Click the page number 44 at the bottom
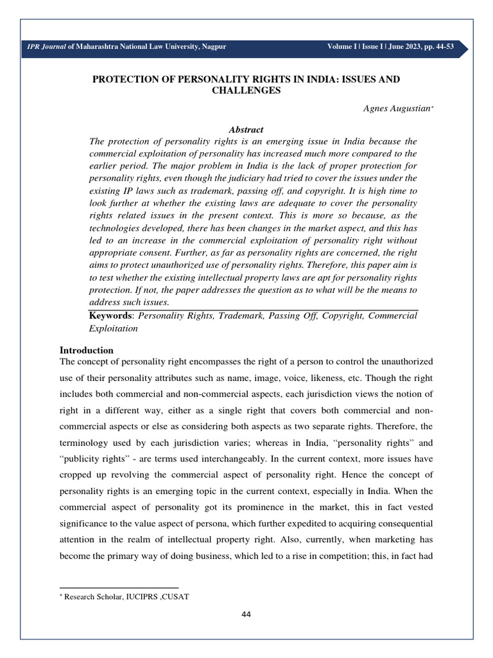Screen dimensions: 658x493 [246, 615]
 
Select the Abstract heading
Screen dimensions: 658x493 [246, 129]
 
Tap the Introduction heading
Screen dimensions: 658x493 [87, 350]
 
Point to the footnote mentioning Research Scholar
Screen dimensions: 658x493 [126, 596]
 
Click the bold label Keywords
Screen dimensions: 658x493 [112, 316]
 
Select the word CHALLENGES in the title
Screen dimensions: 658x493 [246, 91]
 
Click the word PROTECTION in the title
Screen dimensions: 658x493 [125, 79]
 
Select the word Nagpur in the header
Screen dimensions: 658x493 [212, 46]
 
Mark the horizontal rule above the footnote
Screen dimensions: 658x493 [119, 587]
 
